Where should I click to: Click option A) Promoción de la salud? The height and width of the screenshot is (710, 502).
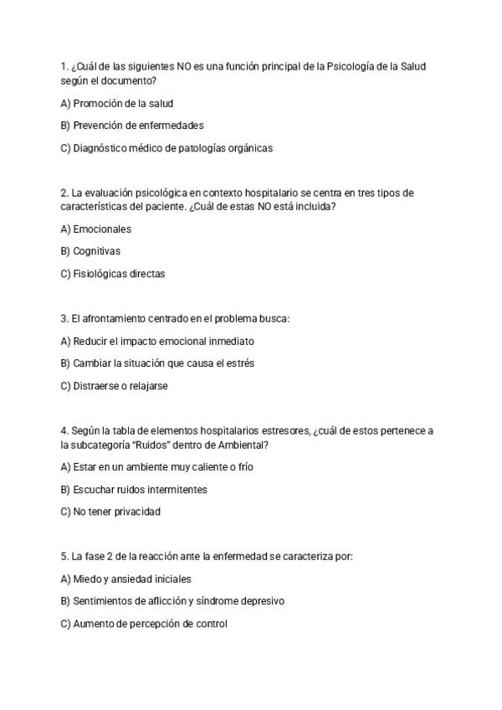point(117,104)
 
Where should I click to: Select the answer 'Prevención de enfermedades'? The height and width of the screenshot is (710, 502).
point(132,126)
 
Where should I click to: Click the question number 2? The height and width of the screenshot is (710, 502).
point(64,193)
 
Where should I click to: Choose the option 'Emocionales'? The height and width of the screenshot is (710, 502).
point(96,229)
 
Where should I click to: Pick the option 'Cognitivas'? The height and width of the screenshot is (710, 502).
point(90,250)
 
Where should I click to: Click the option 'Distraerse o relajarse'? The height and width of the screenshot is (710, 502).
point(115,386)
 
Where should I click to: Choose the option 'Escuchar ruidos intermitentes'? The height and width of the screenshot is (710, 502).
point(134,489)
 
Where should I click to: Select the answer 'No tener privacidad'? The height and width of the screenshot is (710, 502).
point(110,512)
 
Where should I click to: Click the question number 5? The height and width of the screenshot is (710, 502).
point(64,556)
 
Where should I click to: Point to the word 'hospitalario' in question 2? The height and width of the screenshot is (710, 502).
point(222,193)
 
